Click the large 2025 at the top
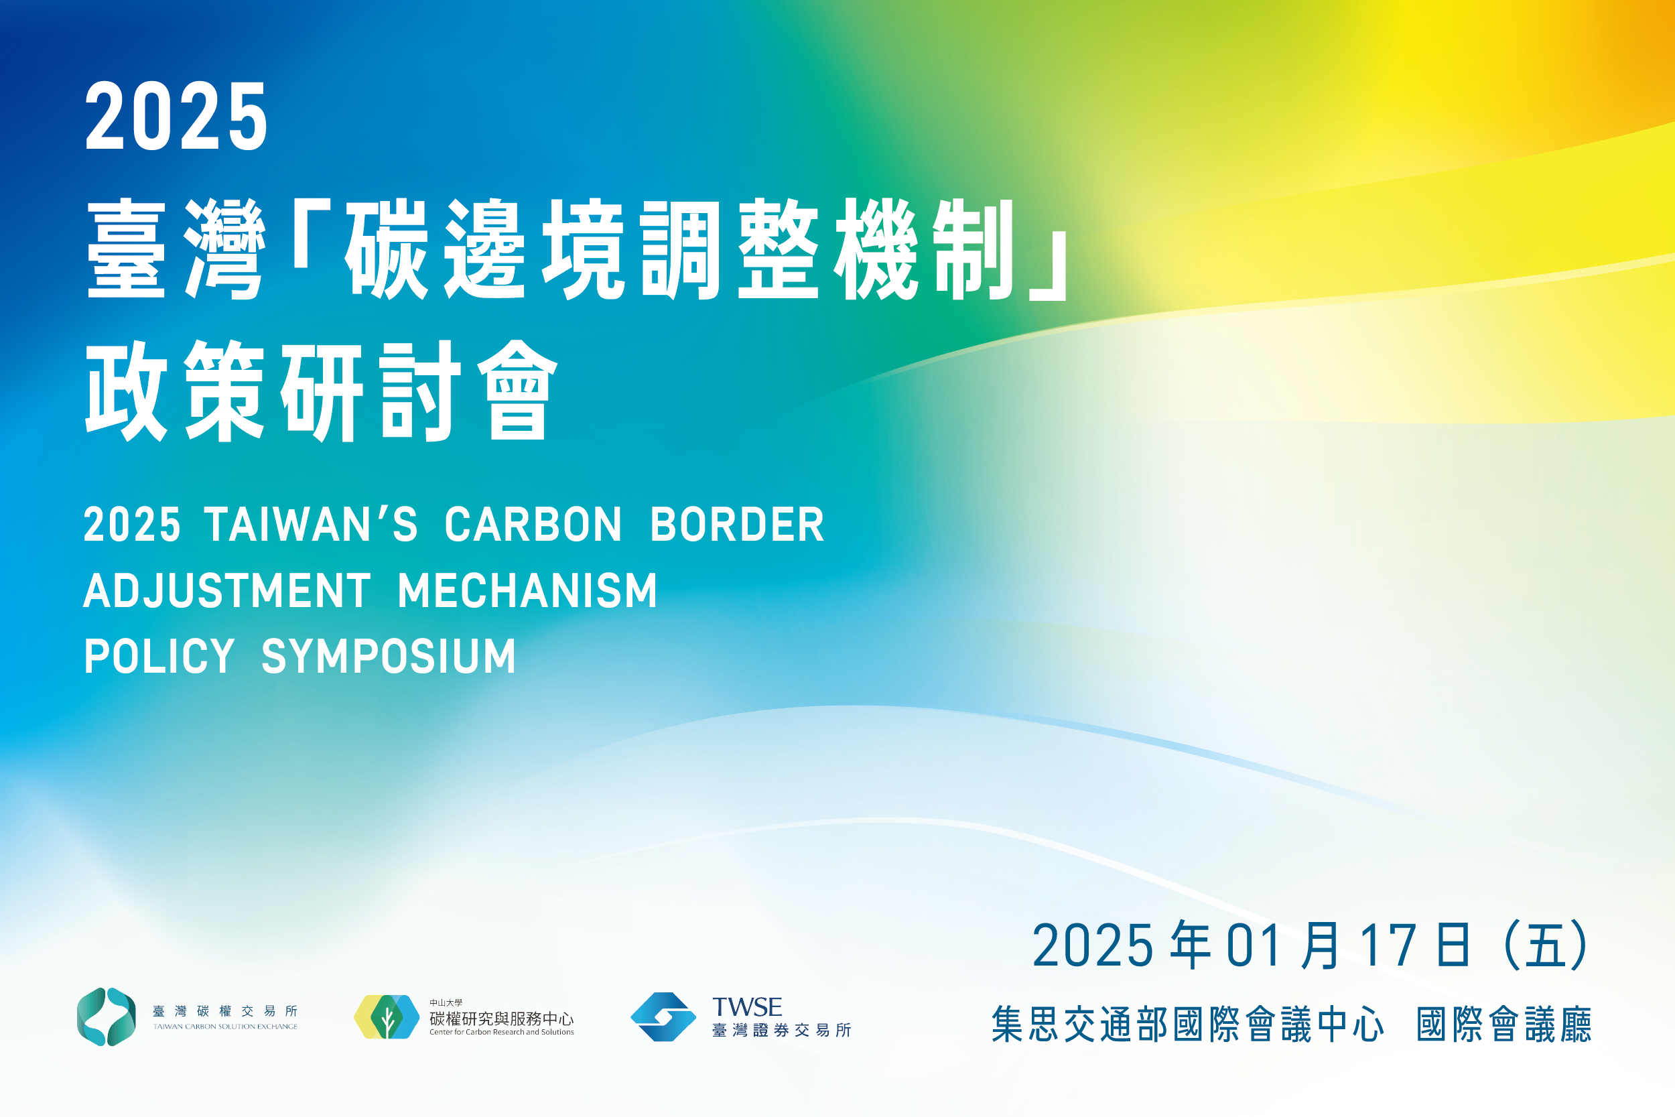tap(176, 115)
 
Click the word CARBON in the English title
tap(533, 525)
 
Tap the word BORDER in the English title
tap(737, 525)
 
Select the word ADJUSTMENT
tap(227, 590)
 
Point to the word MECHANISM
tap(527, 590)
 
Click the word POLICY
tap(159, 656)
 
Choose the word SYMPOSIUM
tap(388, 656)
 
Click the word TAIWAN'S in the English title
tap(311, 525)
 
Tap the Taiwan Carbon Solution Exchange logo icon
tap(106, 1016)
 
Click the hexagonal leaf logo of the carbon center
tap(387, 1016)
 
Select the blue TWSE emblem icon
tap(663, 1016)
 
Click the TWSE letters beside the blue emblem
tap(747, 1006)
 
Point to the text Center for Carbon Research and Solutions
tap(501, 1031)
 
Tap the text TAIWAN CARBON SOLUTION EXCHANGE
tap(225, 1027)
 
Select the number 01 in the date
tap(1255, 945)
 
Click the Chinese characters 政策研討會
tap(321, 391)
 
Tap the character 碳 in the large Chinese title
tap(386, 249)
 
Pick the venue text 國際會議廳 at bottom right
tap(1503, 1025)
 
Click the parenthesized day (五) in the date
tap(1546, 945)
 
